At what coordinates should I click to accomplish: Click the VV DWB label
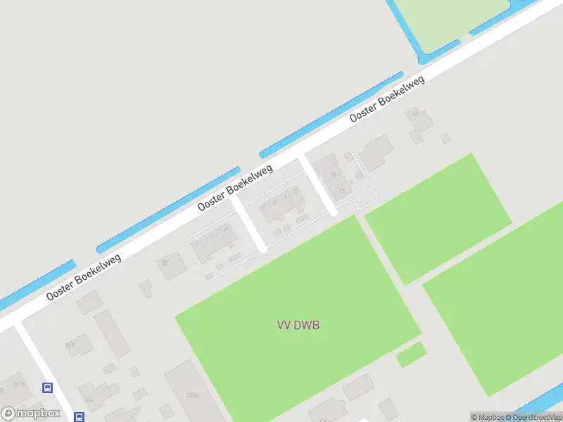click(x=293, y=325)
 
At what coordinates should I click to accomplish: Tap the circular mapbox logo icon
click(x=9, y=414)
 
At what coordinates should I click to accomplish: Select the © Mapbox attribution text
click(x=488, y=417)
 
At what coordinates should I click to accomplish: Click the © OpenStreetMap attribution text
click(x=533, y=417)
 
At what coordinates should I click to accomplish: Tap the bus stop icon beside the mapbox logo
click(x=80, y=417)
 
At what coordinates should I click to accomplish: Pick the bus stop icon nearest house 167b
click(x=47, y=388)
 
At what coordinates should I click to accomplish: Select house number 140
click(x=70, y=345)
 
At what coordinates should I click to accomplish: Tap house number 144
click(x=89, y=399)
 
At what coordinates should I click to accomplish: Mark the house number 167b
click(x=19, y=384)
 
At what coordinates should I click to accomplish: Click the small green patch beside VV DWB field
click(x=411, y=354)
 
